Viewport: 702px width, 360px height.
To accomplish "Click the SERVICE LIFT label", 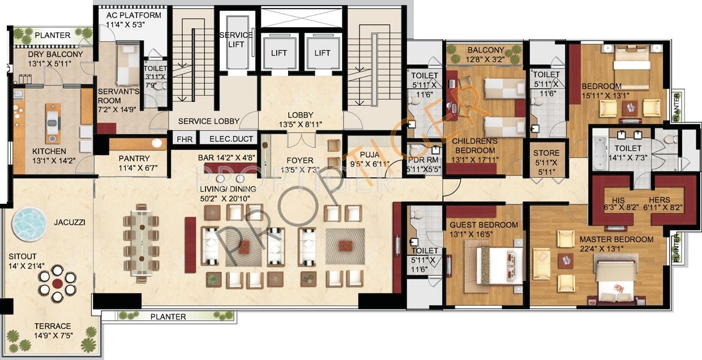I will [x=236, y=40].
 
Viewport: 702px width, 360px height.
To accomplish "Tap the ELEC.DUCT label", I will [x=231, y=139].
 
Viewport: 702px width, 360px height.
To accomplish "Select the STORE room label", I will [x=546, y=153].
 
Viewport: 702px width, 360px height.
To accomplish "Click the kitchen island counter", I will [x=53, y=123].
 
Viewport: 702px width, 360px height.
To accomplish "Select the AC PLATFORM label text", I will [x=134, y=15].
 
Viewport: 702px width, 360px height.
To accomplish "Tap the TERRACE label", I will [x=52, y=326].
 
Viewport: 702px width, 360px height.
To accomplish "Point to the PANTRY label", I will [x=134, y=158].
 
